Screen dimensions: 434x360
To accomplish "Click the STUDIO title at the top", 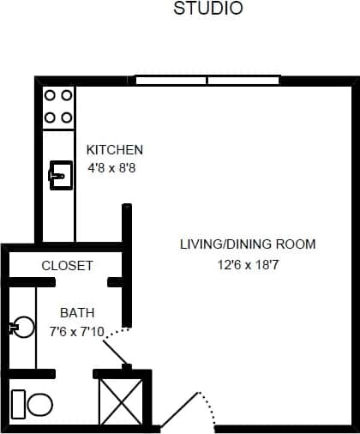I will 208,9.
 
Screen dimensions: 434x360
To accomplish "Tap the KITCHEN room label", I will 115,149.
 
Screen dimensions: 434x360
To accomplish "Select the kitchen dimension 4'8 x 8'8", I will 111,168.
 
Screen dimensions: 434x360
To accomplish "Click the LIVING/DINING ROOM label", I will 247,244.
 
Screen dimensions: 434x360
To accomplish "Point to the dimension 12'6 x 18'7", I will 247,265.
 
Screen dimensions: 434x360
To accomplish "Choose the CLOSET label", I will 67,266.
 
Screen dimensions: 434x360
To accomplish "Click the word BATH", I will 77,313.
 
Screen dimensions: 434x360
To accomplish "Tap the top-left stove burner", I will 50,96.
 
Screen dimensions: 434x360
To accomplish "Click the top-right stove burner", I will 66,96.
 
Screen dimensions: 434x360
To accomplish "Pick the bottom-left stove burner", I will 50,117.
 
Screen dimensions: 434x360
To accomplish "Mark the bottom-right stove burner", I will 66,117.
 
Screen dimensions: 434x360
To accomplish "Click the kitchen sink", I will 58,176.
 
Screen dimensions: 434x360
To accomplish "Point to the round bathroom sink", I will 23,327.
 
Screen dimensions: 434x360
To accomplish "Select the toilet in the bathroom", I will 32,403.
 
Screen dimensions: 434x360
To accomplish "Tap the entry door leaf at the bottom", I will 181,411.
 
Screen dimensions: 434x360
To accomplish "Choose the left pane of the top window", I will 171,81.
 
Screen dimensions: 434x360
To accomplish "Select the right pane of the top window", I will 243,81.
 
